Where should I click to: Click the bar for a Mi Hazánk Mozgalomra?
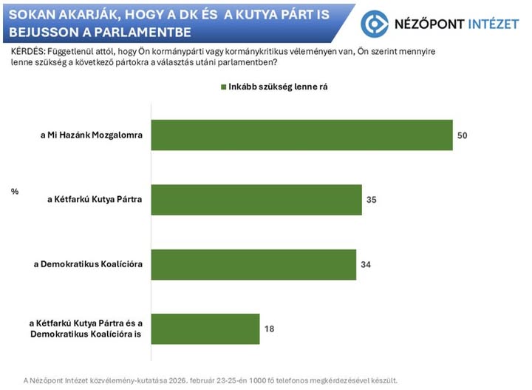pos(301,135)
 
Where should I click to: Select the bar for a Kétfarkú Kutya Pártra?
pos(256,200)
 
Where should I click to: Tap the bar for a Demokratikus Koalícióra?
pos(253,264)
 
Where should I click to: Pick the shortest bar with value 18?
pos(205,329)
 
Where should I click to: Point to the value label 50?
pos(463,136)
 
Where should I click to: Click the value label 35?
pos(372,201)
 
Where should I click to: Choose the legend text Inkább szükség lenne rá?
pos(278,87)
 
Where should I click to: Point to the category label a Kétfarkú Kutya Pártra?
pos(95,201)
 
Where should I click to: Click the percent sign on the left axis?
pos(14,192)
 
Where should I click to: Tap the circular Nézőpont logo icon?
pos(375,24)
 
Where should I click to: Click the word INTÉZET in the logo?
pos(494,24)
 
